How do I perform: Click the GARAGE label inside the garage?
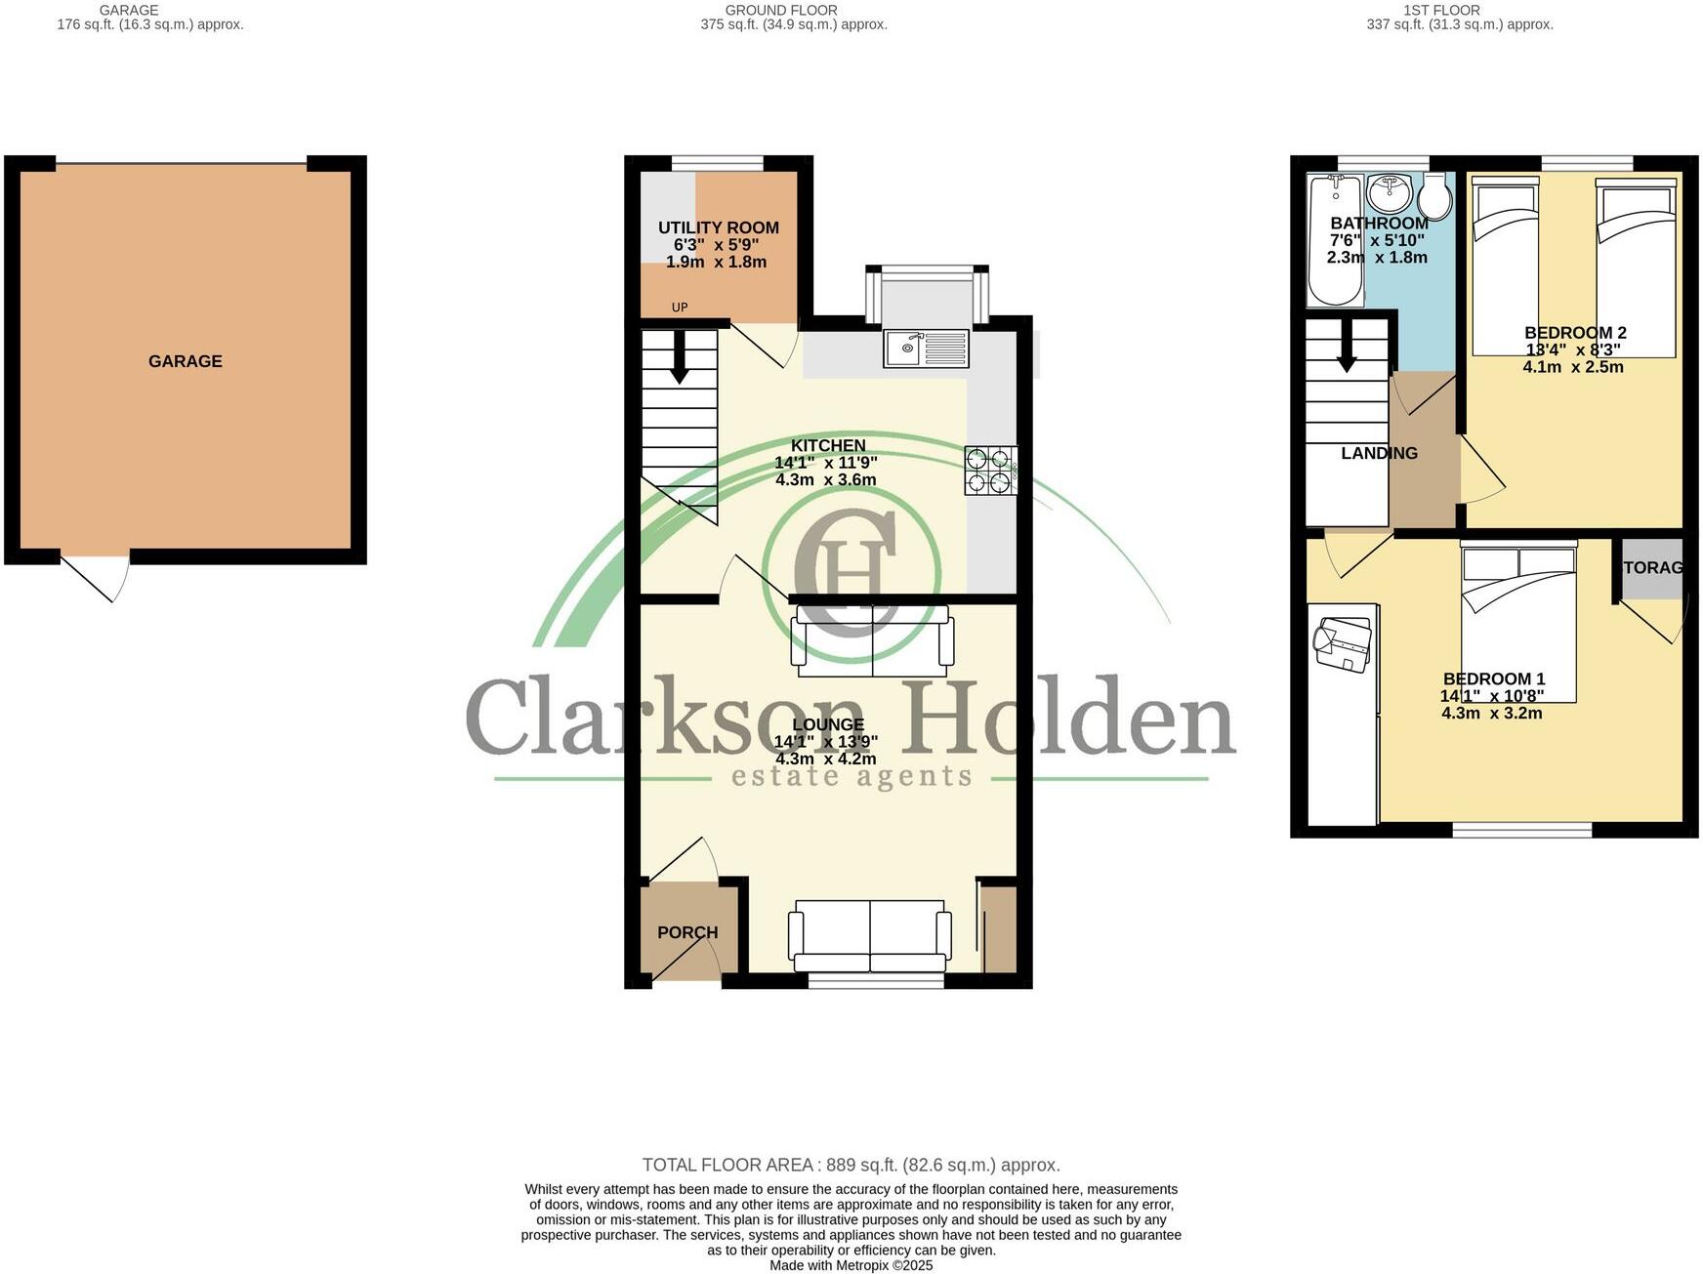click(x=186, y=361)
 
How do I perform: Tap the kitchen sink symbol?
click(x=926, y=348)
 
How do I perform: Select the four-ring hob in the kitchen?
click(x=990, y=470)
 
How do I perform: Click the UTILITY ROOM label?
click(x=718, y=227)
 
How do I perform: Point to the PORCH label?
click(x=687, y=932)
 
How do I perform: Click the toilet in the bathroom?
click(x=1434, y=196)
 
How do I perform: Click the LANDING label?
click(x=1379, y=453)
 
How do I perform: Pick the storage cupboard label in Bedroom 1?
click(x=1652, y=567)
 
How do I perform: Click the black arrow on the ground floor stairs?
click(x=679, y=358)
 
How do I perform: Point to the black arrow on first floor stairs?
click(x=1347, y=348)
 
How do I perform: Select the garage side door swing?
click(x=98, y=577)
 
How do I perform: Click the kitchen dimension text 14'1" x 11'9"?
click(x=826, y=463)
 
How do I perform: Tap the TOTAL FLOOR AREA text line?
click(x=851, y=1165)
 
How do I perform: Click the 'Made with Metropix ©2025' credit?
click(x=851, y=1265)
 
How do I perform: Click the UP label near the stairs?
click(x=680, y=308)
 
